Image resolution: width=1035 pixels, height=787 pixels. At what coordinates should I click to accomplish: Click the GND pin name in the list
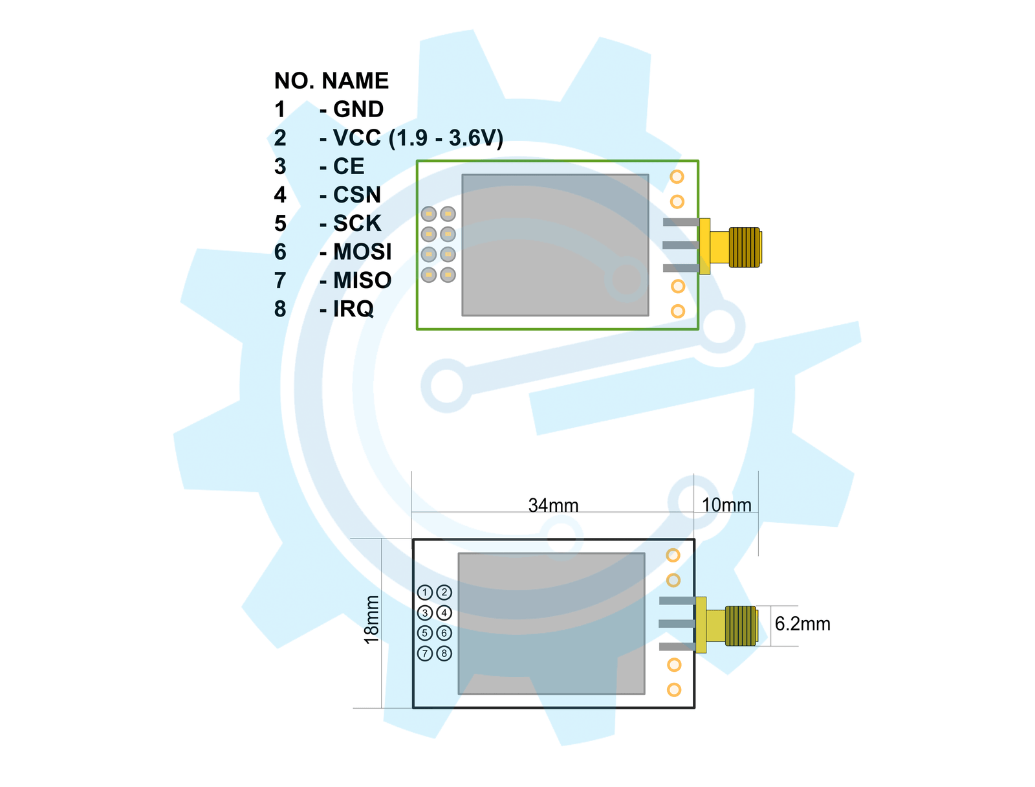pos(358,109)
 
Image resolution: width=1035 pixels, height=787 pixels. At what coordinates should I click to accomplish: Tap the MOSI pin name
pos(362,252)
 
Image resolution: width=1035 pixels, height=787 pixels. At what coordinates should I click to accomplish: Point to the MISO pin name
pos(362,280)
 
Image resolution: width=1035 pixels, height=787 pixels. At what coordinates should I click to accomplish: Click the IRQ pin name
pos(353,309)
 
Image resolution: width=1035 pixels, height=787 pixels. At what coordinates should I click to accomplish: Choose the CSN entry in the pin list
pos(357,195)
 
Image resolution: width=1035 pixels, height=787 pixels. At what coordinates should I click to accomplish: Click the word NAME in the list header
pos(355,81)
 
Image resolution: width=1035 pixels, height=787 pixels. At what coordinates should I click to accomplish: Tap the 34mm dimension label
pos(553,505)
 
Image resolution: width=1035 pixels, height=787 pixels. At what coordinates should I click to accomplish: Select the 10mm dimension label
pos(726,505)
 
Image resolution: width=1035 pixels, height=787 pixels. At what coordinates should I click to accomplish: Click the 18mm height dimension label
pos(372,619)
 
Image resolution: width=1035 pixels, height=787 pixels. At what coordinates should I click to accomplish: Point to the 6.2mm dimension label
pos(802,624)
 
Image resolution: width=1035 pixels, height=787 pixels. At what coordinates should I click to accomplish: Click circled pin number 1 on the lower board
pos(425,592)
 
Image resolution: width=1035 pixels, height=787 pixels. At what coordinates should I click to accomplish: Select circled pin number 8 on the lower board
pos(444,653)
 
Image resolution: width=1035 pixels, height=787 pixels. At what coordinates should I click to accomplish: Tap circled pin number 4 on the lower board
pos(444,612)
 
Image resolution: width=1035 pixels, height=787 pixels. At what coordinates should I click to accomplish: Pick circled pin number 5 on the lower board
pos(425,633)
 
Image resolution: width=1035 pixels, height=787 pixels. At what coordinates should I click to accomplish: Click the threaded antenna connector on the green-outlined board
pos(745,247)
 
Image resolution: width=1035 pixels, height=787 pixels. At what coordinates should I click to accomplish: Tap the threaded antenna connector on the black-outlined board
pos(741,626)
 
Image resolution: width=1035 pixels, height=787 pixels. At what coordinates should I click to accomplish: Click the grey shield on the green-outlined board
pos(555,245)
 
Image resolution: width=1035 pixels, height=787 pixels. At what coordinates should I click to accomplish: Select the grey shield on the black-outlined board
pos(551,623)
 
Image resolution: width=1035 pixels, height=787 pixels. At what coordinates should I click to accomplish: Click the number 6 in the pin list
pos(280,252)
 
